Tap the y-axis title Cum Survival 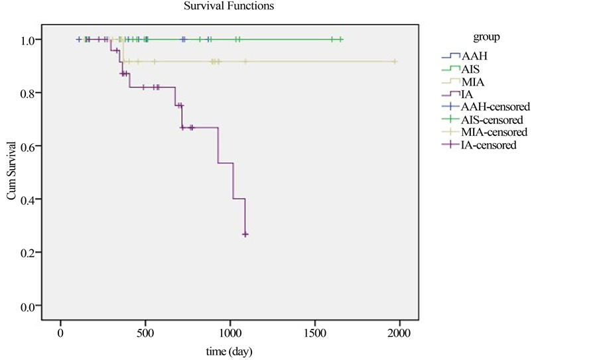(x=11, y=173)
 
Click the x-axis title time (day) (x=228, y=350)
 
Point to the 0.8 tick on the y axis (x=31, y=93)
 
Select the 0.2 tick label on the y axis (x=31, y=253)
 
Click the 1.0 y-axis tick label (x=31, y=40)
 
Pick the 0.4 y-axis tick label (x=31, y=200)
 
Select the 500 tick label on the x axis (x=145, y=333)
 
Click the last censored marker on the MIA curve (x=395, y=62)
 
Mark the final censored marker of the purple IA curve (x=245, y=235)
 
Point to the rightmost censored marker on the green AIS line (x=341, y=40)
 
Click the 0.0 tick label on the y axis (x=31, y=307)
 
